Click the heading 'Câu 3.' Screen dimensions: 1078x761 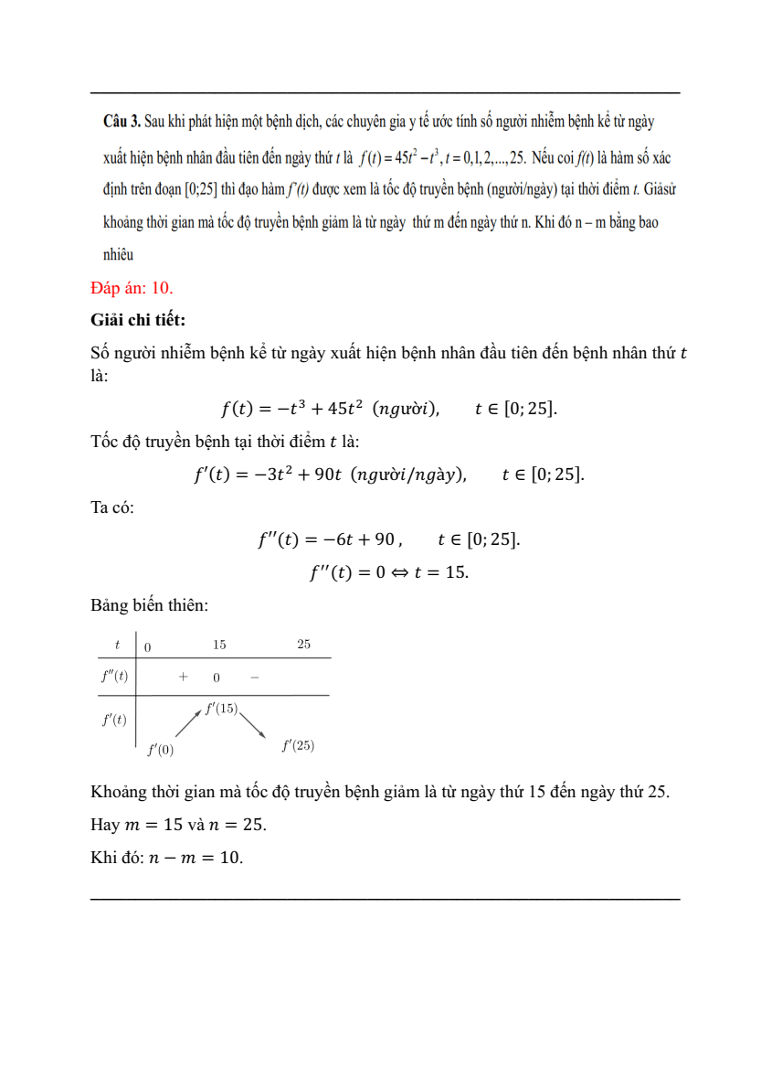point(122,121)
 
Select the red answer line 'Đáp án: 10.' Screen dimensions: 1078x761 point(132,288)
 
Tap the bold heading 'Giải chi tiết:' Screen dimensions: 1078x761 point(138,320)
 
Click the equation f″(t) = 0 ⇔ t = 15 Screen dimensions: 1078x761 point(389,572)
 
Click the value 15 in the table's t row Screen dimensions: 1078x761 point(219,645)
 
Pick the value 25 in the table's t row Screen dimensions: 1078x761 point(303,645)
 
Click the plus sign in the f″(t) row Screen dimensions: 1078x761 point(183,678)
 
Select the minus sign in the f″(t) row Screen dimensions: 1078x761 point(254,678)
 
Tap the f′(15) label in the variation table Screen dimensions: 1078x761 point(221,709)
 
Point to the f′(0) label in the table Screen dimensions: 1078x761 point(160,751)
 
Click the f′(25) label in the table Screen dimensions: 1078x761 point(298,746)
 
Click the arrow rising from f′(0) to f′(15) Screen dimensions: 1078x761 point(188,724)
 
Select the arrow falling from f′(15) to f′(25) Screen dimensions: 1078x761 point(253,724)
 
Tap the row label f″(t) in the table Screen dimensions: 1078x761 point(114,678)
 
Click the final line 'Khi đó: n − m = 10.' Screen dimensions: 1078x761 point(167,858)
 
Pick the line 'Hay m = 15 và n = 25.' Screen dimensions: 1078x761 point(179,825)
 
